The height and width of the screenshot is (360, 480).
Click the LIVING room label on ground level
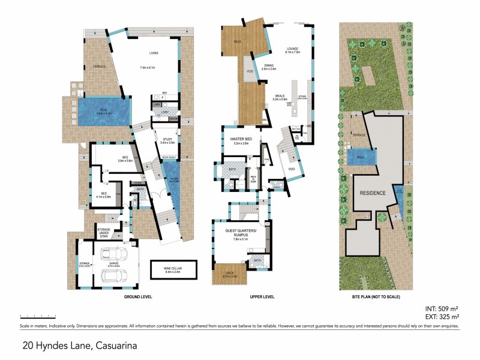145,53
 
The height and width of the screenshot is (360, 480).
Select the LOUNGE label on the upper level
292,49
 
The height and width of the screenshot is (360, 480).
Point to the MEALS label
280,95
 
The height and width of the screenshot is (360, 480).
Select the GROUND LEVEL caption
137,297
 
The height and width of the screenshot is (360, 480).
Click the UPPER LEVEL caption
262,297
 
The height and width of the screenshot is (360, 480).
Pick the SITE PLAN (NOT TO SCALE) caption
376,297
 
